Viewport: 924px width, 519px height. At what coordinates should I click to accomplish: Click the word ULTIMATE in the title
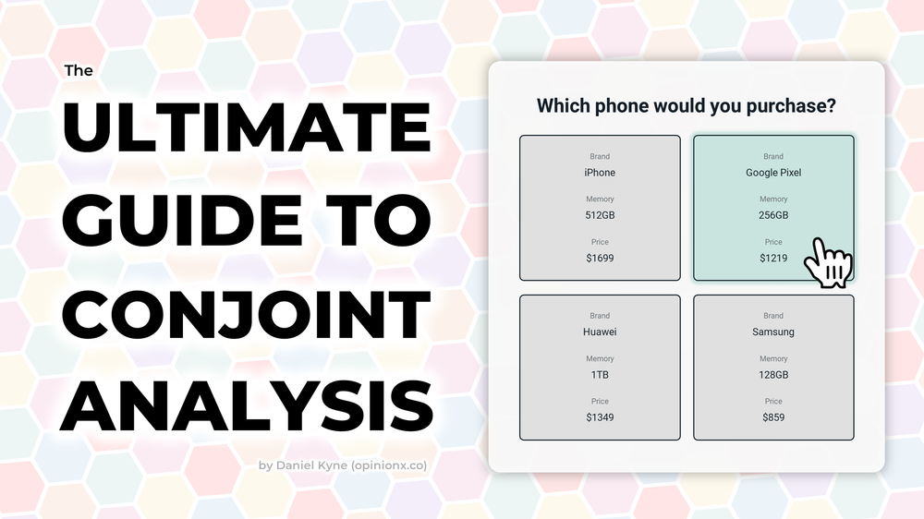pyautogui.click(x=246, y=129)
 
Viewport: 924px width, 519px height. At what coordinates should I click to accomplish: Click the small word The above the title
pyautogui.click(x=79, y=70)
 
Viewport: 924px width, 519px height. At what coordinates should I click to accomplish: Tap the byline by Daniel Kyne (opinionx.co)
pyautogui.click(x=343, y=465)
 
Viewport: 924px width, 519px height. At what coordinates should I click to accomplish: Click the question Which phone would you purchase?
pyautogui.click(x=687, y=106)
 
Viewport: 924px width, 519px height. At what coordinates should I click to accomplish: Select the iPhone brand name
pyautogui.click(x=600, y=173)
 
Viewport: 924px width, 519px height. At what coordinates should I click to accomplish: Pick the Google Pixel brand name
pyautogui.click(x=773, y=173)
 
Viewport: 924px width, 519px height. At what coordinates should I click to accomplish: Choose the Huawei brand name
pyautogui.click(x=600, y=332)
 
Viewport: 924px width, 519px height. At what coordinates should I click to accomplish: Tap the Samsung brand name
pyautogui.click(x=773, y=332)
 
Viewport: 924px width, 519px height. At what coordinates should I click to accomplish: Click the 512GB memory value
pyautogui.click(x=600, y=215)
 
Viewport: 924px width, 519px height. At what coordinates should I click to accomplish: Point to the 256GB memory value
pyautogui.click(x=773, y=215)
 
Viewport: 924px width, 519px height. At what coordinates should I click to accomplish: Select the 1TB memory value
pyautogui.click(x=600, y=375)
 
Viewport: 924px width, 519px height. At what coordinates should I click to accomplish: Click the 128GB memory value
pyautogui.click(x=773, y=375)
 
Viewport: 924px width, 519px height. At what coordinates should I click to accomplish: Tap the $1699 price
pyautogui.click(x=600, y=258)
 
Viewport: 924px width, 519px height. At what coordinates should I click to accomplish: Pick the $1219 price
pyautogui.click(x=773, y=258)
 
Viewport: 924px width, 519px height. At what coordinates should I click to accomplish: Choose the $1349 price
pyautogui.click(x=600, y=417)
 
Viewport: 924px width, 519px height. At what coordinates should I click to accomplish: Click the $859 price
pyautogui.click(x=773, y=417)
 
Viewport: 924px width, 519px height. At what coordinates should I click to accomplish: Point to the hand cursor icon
pyautogui.click(x=827, y=264)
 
